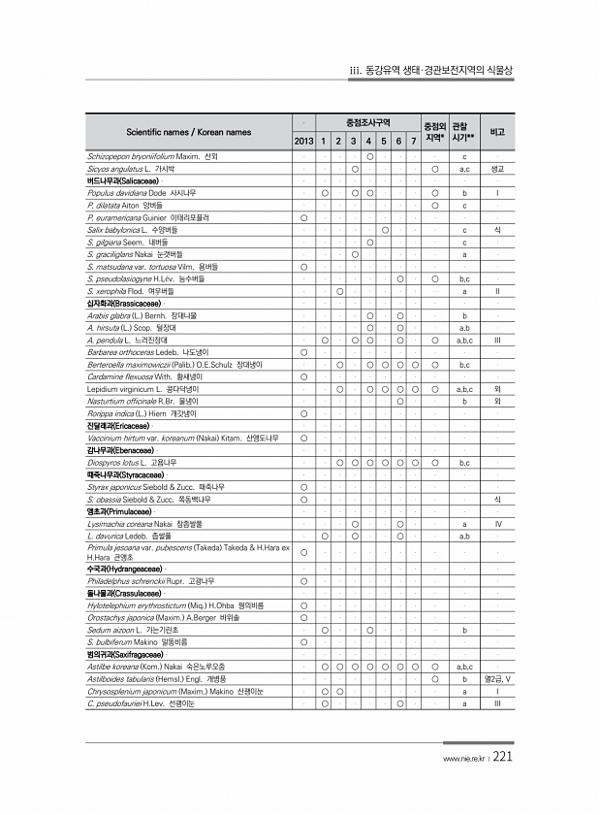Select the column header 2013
point(303,142)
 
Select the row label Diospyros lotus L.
point(111,463)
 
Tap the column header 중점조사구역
point(368,123)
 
